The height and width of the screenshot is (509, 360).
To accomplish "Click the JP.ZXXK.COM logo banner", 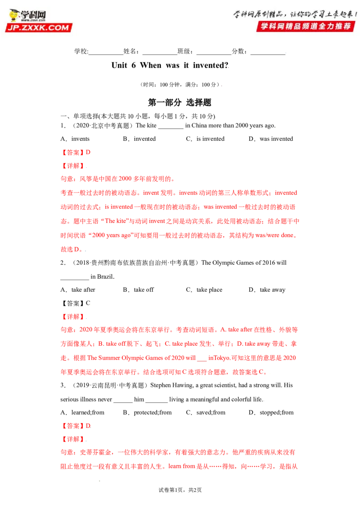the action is (x=39, y=27).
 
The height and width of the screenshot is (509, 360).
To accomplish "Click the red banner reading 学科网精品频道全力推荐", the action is (x=306, y=26).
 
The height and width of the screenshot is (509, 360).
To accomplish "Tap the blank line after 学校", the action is (x=106, y=54).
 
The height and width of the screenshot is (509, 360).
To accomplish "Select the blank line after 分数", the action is (x=268, y=54).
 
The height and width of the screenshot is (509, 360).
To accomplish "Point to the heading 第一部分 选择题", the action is (x=180, y=103).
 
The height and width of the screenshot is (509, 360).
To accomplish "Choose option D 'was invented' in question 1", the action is (x=276, y=139).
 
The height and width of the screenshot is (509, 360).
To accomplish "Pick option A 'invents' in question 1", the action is (x=80, y=139).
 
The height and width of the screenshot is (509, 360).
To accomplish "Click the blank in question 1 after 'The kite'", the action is (x=171, y=128).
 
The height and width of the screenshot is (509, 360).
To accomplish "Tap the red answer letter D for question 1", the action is (x=88, y=152).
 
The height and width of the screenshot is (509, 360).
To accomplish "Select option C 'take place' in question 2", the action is (x=209, y=290).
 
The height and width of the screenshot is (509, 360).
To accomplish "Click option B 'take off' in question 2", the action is (x=144, y=290).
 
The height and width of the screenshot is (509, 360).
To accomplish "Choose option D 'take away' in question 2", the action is (x=272, y=290).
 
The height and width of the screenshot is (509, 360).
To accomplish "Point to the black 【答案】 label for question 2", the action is (x=73, y=303).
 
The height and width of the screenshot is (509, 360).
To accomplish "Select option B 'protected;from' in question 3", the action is (x=153, y=412).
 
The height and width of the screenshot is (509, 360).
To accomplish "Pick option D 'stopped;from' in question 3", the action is (x=276, y=412).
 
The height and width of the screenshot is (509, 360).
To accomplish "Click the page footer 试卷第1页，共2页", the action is (x=180, y=490).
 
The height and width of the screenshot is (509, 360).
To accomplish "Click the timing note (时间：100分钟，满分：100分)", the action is (x=180, y=85).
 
